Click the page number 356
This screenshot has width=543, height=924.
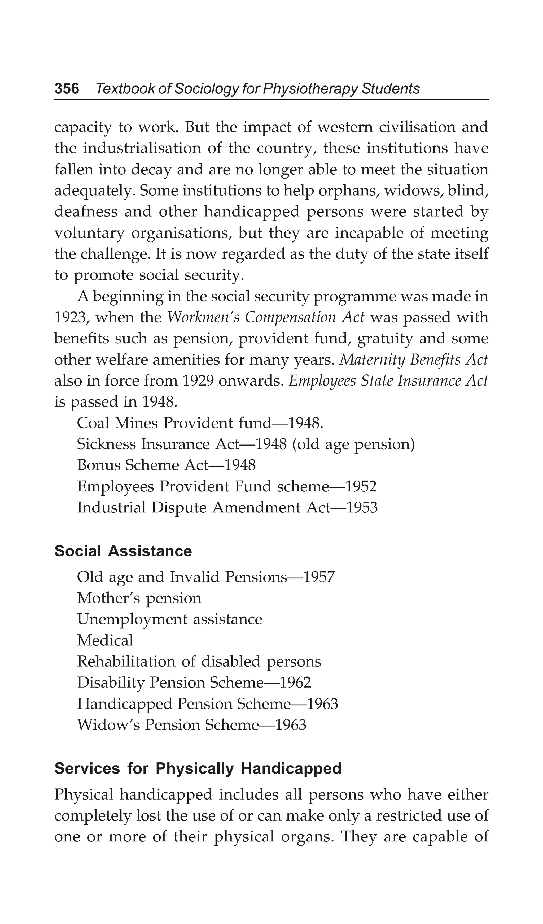coord(67,89)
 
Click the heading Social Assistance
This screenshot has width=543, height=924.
coord(123,551)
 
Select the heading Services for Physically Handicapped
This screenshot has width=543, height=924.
coord(198,768)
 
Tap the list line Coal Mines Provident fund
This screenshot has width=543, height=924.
coord(200,423)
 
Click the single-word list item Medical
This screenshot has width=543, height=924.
coord(105,641)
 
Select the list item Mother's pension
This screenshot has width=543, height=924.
coord(139,598)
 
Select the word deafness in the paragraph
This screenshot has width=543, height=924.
coord(86,212)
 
